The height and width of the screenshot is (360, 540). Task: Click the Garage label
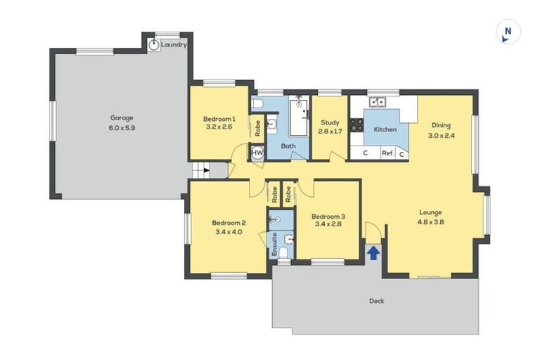point(121,118)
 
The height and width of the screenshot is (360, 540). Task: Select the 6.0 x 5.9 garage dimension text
point(121,128)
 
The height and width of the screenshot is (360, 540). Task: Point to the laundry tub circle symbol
point(154,45)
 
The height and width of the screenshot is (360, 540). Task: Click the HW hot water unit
point(257,153)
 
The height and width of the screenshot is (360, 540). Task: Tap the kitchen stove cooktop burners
point(356,125)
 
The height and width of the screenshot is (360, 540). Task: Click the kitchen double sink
point(378,102)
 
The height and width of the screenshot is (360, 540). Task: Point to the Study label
point(330,122)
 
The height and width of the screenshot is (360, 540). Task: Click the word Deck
point(377,301)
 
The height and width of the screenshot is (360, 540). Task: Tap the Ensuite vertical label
point(274,243)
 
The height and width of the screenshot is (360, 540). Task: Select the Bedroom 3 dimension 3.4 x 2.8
point(328,226)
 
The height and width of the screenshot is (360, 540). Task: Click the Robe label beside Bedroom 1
point(258,127)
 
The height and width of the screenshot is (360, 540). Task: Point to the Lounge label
point(430,212)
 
